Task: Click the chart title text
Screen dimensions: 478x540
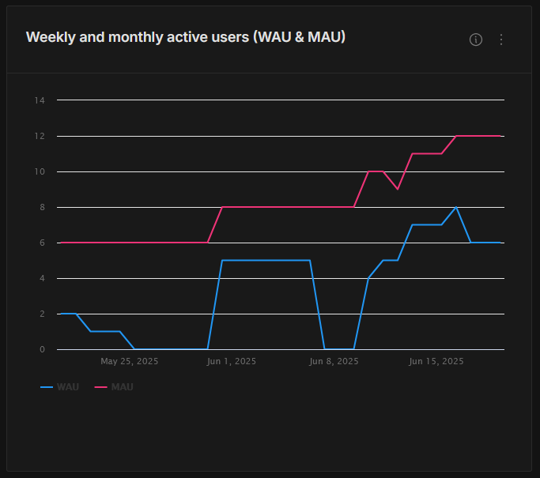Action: (x=186, y=37)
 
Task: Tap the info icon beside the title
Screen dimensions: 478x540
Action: (x=476, y=40)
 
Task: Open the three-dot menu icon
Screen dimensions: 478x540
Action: (x=500, y=40)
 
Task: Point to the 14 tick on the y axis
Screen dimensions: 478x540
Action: (x=40, y=100)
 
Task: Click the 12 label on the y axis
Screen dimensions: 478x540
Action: (x=40, y=136)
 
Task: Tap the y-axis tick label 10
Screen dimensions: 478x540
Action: (x=40, y=171)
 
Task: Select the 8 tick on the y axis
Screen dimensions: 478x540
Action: (x=42, y=207)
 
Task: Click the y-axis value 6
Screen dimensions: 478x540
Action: (x=42, y=243)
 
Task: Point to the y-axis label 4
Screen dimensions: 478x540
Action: (x=42, y=278)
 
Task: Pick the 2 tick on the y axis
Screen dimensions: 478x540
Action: (x=42, y=314)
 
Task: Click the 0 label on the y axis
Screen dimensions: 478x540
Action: (x=42, y=349)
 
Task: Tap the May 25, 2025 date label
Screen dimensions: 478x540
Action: (x=130, y=362)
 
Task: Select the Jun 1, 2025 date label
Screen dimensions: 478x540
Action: (x=231, y=362)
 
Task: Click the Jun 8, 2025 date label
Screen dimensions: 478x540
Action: (x=334, y=362)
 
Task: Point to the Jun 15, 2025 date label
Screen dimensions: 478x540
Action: (x=436, y=362)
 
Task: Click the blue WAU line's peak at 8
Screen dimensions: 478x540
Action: (x=456, y=207)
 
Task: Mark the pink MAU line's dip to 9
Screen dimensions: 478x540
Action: (x=398, y=189)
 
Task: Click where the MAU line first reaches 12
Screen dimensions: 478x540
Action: (x=456, y=136)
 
